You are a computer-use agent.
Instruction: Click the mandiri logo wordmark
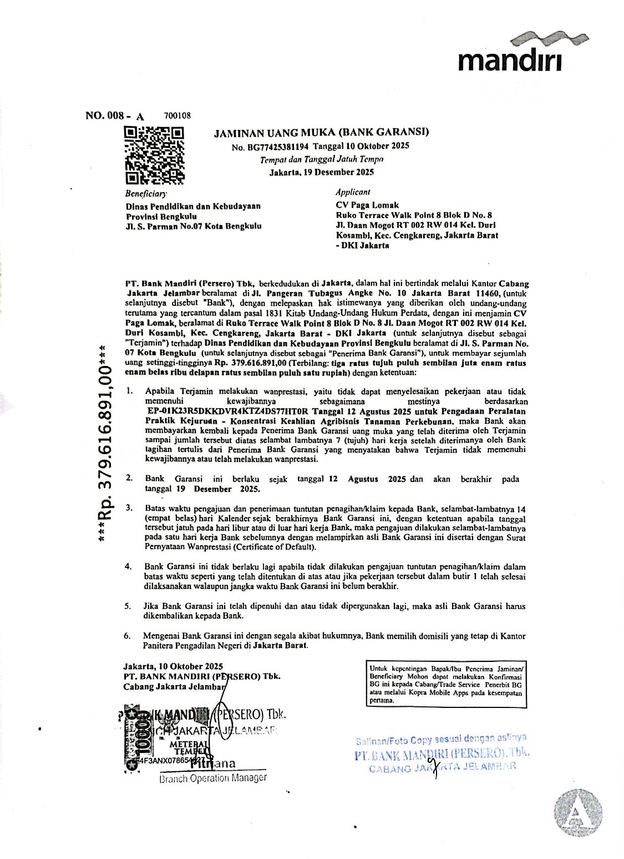(509, 60)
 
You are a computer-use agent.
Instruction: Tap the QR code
(154, 155)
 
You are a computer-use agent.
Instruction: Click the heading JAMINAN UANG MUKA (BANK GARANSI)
(321, 132)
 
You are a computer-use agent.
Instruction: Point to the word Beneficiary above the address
(145, 194)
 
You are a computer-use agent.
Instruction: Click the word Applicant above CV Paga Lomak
(353, 192)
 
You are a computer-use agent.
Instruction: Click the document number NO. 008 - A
(114, 116)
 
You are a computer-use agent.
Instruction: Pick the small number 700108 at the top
(177, 115)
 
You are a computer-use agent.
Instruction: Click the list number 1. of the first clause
(129, 391)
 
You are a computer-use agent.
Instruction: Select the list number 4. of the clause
(128, 566)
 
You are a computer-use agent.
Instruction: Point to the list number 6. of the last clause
(128, 636)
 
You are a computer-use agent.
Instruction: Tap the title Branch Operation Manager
(212, 778)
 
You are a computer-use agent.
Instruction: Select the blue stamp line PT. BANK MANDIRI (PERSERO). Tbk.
(442, 755)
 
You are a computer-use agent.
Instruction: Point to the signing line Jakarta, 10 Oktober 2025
(173, 666)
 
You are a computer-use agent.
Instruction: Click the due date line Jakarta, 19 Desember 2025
(321, 172)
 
